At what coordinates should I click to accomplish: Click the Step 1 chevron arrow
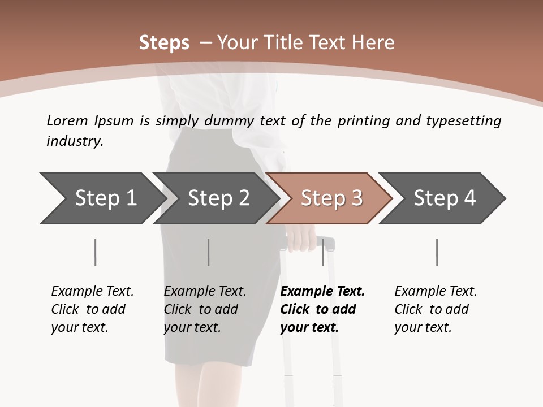(102, 198)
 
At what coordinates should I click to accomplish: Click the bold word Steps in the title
(164, 43)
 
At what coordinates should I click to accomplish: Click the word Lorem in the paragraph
(67, 120)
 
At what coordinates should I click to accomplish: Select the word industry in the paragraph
(74, 141)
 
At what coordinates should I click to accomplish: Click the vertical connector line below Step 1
(96, 252)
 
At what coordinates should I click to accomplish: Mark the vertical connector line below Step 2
(209, 252)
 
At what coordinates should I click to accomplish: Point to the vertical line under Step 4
(437, 252)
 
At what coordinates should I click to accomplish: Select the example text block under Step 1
(92, 309)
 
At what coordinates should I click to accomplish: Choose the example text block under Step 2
(205, 309)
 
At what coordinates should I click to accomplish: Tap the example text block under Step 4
(435, 309)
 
